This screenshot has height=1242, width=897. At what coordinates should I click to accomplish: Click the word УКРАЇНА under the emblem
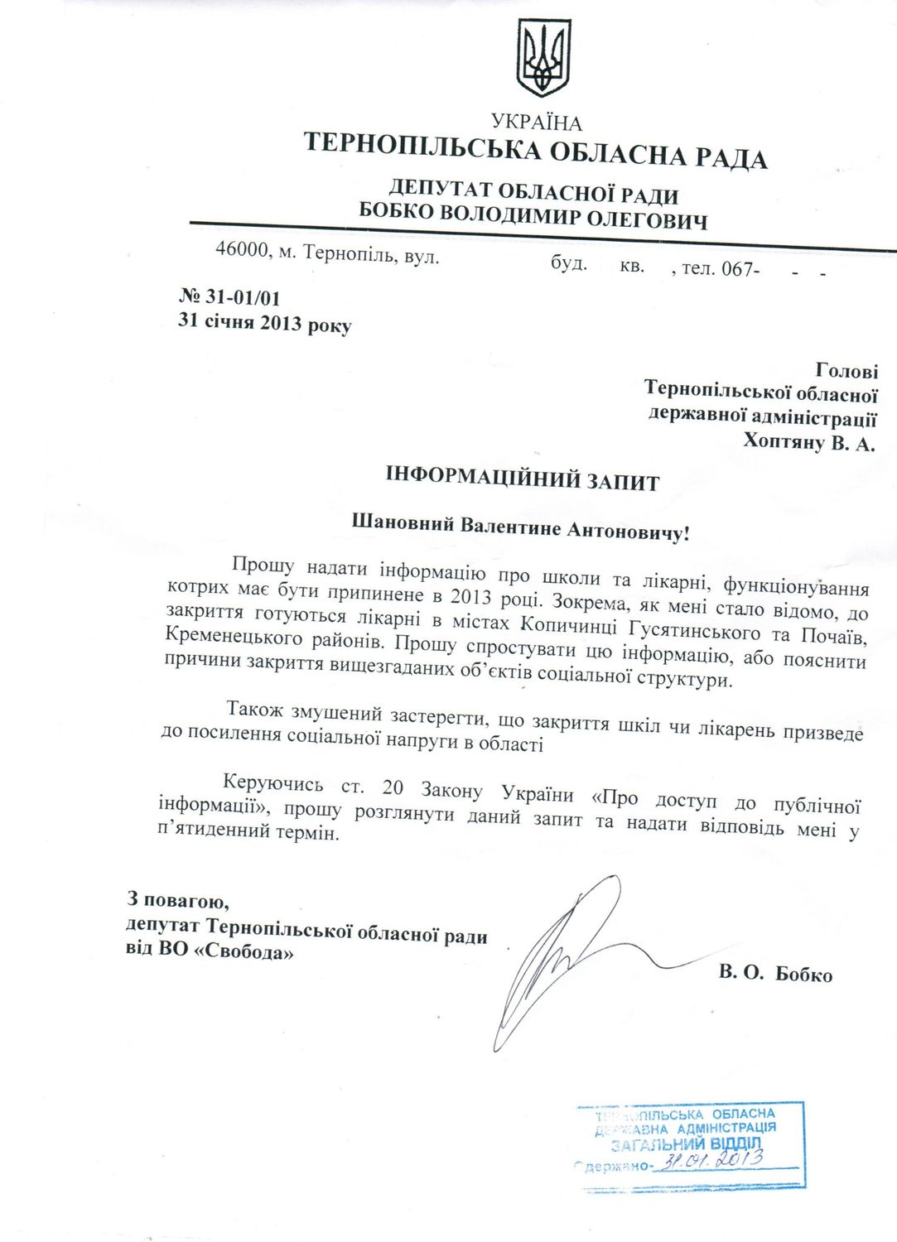[536, 123]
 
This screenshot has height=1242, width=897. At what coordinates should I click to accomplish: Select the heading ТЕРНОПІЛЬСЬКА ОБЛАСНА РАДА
[535, 152]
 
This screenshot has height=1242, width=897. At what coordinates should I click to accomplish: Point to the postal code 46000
[242, 248]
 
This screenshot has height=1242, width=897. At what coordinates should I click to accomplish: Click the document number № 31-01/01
[230, 297]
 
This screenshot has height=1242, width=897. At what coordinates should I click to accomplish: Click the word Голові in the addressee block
[846, 371]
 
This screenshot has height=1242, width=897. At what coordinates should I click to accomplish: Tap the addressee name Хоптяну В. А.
[808, 442]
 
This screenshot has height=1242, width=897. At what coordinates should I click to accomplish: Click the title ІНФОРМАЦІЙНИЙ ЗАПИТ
[523, 479]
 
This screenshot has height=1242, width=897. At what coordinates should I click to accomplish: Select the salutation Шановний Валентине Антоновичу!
[520, 527]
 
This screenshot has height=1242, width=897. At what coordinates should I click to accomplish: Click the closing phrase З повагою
[178, 898]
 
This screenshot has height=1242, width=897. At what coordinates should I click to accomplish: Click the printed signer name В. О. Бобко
[775, 973]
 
